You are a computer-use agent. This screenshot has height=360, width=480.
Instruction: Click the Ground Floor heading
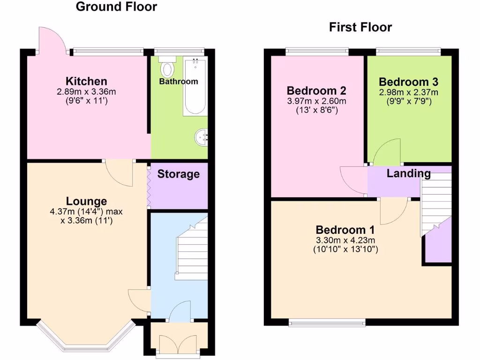[x=116, y=7]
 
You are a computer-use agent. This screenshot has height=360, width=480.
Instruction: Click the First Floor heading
[x=360, y=27]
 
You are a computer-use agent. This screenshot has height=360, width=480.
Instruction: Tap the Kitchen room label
[x=86, y=81]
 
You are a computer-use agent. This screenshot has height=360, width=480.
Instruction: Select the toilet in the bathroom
[x=167, y=68]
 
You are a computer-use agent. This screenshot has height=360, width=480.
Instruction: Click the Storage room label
[x=178, y=174]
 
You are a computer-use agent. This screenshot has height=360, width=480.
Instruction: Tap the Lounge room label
[x=86, y=201]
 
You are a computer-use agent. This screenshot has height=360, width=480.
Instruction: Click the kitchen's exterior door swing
[x=52, y=40]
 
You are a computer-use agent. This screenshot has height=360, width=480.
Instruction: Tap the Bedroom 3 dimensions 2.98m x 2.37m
[x=408, y=92]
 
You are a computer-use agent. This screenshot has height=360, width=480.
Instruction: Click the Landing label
[x=409, y=173]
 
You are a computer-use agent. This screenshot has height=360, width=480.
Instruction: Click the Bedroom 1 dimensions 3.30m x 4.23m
[x=345, y=240]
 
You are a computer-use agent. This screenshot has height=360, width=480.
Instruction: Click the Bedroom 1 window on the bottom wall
[x=327, y=322]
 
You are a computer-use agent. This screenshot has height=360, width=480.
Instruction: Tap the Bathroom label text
[x=178, y=82]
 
